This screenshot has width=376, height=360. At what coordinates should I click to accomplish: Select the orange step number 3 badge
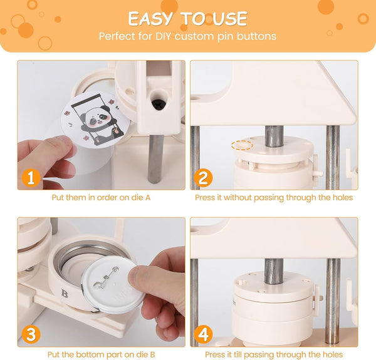pos(31,334)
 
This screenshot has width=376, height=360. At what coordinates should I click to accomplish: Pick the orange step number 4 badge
pos(203,334)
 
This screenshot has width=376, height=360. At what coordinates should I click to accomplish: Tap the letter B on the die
pos(65,293)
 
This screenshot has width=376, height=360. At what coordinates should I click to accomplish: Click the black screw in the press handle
pos(158,104)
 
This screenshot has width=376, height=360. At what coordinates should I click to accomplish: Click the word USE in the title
pos(229,19)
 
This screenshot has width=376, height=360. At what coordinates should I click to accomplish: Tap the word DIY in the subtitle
pos(164,36)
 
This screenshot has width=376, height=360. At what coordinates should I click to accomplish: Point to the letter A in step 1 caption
pos(147,198)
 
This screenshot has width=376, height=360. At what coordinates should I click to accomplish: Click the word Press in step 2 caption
pos(205,198)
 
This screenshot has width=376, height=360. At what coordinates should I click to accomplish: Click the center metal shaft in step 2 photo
pos(274,136)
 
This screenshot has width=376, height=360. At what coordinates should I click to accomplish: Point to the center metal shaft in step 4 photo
pos(274,271)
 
